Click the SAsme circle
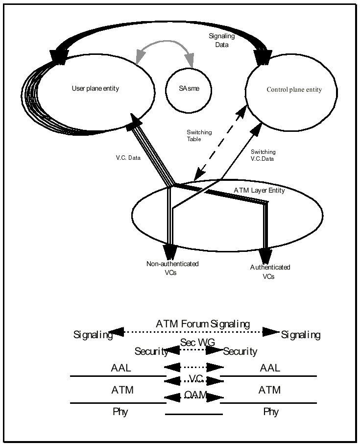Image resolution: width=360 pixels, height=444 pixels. click(188, 90)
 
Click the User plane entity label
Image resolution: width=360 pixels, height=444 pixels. click(95, 89)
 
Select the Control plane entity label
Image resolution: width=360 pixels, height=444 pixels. click(294, 90)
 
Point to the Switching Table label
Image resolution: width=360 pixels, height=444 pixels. click(199, 135)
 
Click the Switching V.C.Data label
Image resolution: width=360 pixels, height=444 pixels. click(263, 155)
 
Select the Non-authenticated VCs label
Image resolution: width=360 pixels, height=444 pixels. click(172, 268)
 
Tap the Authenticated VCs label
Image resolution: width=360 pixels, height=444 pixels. click(270, 271)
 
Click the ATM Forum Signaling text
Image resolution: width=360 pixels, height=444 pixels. click(203, 324)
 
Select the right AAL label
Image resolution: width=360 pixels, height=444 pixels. click(270, 368)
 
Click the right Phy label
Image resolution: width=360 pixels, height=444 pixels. click(271, 412)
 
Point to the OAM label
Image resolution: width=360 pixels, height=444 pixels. click(195, 395)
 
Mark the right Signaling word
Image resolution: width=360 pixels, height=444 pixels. click(300, 335)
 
